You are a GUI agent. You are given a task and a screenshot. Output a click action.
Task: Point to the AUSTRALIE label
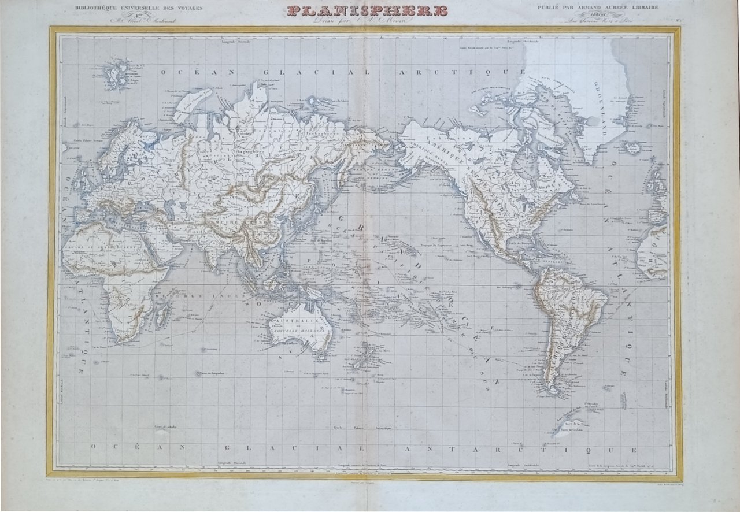click(x=297, y=320)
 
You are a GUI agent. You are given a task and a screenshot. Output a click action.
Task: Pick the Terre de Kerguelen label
click(x=212, y=374)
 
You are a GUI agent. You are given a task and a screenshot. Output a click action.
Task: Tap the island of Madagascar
click(x=164, y=315)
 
